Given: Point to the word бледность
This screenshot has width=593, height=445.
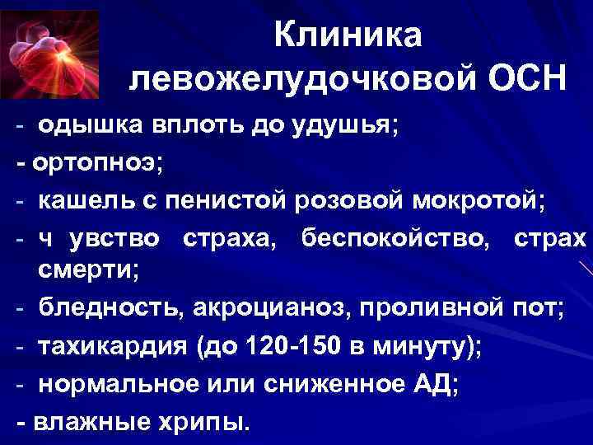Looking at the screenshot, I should click(x=112, y=307).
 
